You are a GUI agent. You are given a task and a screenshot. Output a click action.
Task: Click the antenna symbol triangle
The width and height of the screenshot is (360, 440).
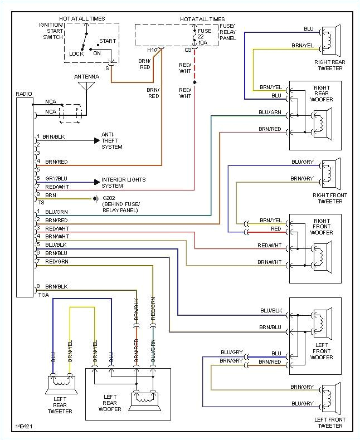(x=86, y=86)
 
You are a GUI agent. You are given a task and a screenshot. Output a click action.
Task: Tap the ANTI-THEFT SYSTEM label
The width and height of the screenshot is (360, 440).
(x=111, y=140)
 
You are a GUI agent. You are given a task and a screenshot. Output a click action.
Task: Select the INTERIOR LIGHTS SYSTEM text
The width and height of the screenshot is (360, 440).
(x=123, y=183)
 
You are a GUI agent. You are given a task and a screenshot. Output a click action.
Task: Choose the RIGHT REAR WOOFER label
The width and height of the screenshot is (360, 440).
(x=323, y=94)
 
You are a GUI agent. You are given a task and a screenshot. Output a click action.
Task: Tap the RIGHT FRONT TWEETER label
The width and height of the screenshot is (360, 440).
(x=329, y=198)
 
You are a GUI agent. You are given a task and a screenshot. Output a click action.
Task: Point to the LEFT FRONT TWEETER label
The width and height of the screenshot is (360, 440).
(x=329, y=423)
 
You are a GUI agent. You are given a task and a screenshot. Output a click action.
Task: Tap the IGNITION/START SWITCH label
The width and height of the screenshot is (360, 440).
(x=51, y=32)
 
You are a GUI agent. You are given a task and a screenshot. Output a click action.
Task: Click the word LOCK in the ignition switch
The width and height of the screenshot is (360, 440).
(x=76, y=54)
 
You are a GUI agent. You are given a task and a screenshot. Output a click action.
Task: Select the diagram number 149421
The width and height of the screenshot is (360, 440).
(x=24, y=427)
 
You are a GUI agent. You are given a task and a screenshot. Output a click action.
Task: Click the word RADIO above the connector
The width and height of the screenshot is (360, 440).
(x=24, y=94)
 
